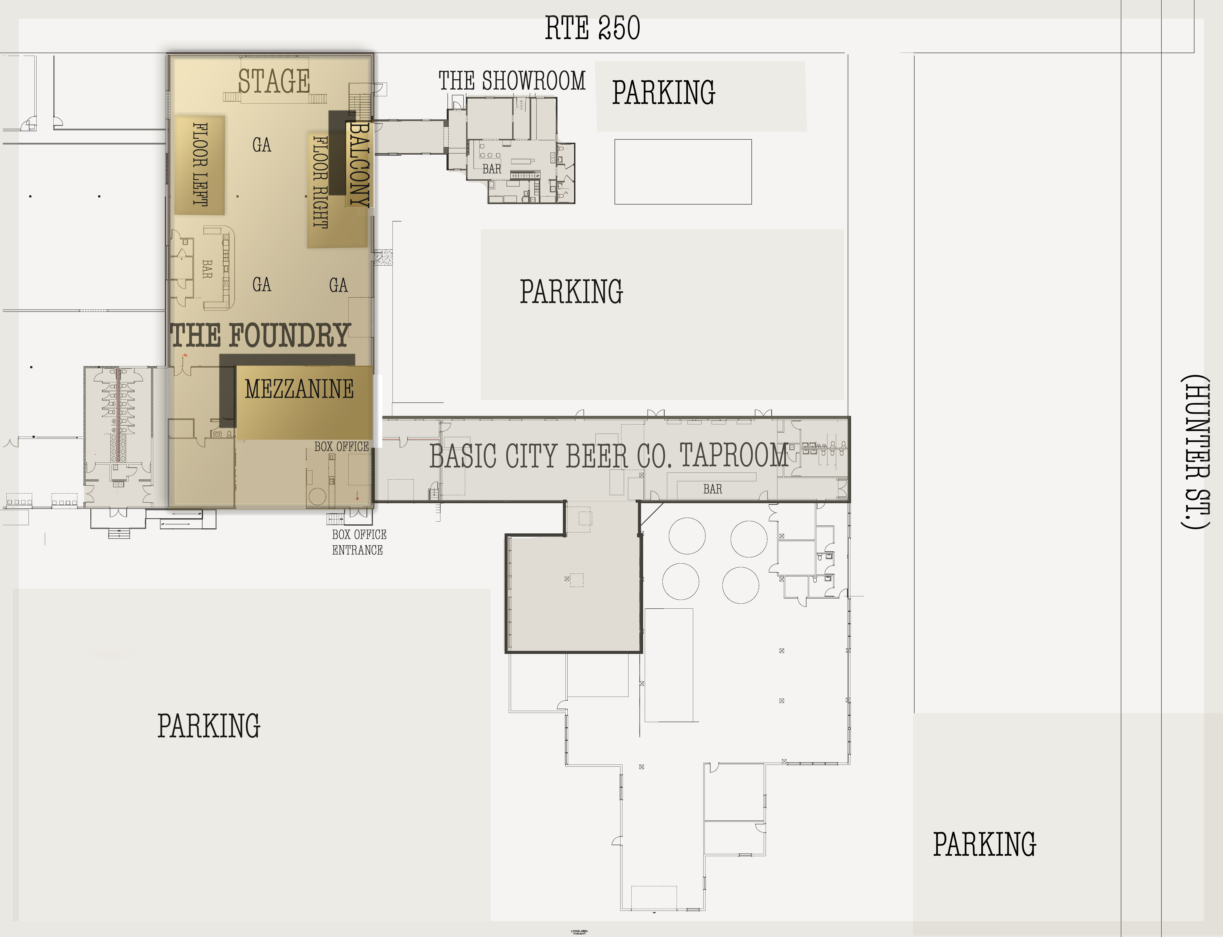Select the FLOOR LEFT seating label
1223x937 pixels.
pos(200,164)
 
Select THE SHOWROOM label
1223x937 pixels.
pos(512,81)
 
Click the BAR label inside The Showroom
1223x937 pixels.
pos(492,169)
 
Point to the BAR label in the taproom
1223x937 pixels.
pos(713,489)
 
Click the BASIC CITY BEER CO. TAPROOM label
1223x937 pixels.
pos(608,456)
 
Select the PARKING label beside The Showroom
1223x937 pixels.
pos(663,92)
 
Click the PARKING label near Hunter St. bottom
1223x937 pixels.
pos(985,845)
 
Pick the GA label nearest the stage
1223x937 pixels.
pos(262,145)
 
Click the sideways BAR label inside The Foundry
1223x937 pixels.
pos(207,269)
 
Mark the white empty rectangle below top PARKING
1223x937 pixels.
pos(683,172)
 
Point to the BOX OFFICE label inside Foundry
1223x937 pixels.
pos(341,447)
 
